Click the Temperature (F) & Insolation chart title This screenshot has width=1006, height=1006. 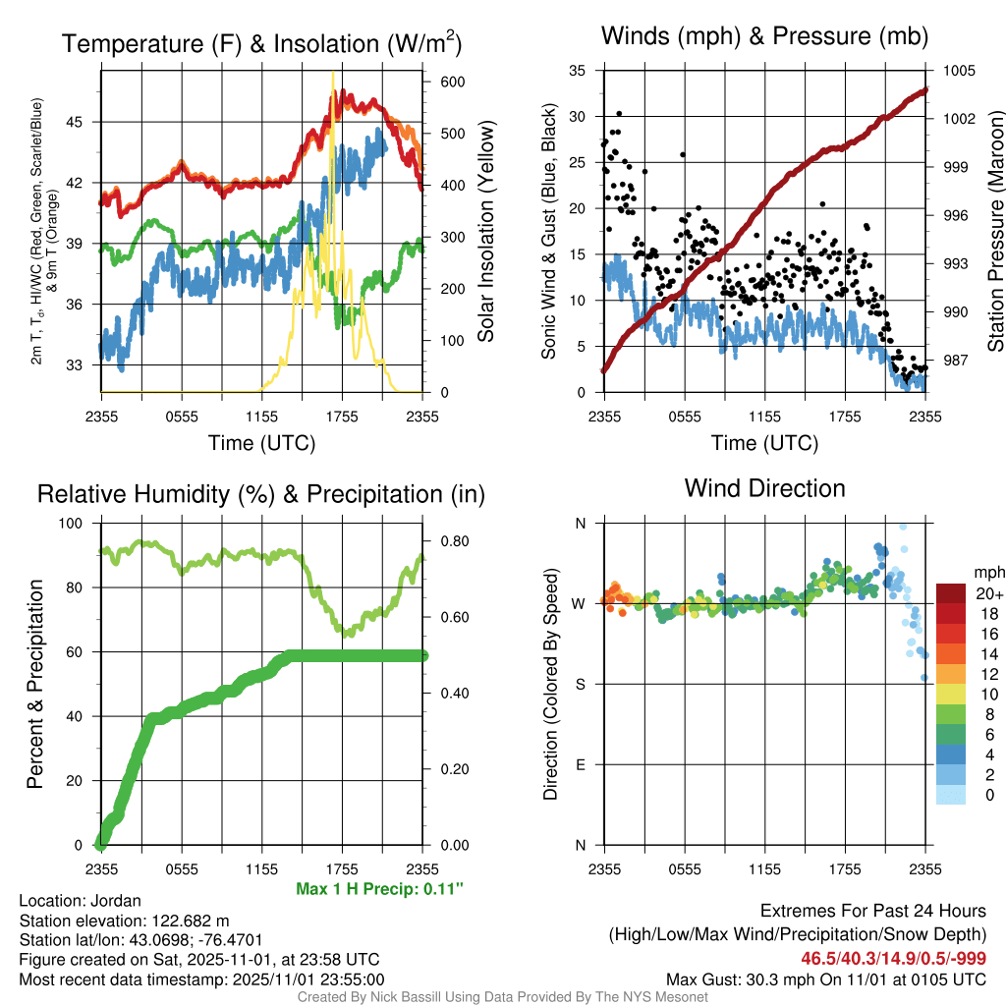(x=261, y=43)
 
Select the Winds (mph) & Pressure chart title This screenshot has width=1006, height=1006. (x=764, y=36)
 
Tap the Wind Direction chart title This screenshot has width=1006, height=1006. (x=764, y=487)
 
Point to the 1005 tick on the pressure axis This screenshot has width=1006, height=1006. (x=958, y=71)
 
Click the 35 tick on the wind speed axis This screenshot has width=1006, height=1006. (x=578, y=71)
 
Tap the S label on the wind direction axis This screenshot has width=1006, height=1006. (x=580, y=684)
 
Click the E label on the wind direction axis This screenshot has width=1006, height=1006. (x=580, y=764)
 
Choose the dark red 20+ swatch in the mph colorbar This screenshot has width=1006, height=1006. (x=951, y=593)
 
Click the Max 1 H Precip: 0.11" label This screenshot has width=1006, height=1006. (x=379, y=889)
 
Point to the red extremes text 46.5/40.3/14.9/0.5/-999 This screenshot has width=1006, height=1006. (x=893, y=958)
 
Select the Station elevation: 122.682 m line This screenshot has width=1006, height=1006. (x=124, y=921)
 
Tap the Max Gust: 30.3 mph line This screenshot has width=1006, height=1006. (x=826, y=978)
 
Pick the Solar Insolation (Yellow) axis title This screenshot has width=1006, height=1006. (x=486, y=232)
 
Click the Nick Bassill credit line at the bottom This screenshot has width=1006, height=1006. (x=503, y=996)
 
